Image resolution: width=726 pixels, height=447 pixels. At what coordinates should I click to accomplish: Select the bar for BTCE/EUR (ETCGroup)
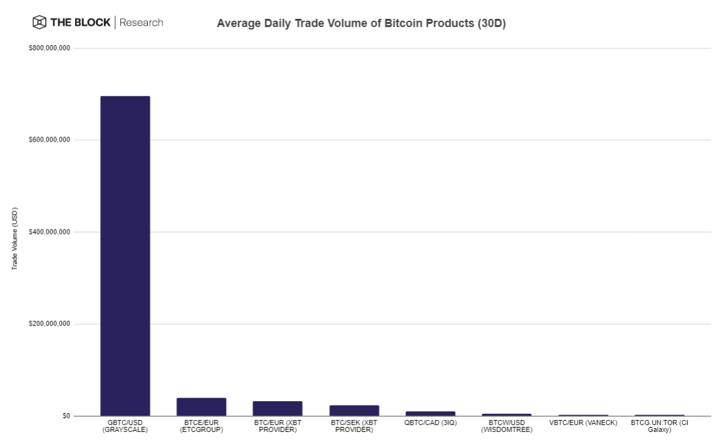[x=202, y=407]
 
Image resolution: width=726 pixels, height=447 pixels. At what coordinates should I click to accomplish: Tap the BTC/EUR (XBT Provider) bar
[x=277, y=409]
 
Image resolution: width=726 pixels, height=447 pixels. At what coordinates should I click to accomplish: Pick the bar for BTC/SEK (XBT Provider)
[x=354, y=411]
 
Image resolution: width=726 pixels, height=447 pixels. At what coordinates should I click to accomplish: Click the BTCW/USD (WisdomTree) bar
[x=507, y=414]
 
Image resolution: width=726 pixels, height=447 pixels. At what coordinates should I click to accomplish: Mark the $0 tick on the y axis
[x=66, y=416]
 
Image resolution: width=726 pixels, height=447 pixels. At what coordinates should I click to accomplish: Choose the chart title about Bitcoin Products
[x=361, y=24]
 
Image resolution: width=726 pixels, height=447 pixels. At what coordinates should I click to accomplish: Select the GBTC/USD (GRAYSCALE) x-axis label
[x=125, y=426]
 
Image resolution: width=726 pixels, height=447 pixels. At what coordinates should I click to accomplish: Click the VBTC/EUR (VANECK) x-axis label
[x=583, y=423]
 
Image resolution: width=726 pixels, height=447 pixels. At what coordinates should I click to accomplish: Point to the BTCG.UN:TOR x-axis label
[x=659, y=426]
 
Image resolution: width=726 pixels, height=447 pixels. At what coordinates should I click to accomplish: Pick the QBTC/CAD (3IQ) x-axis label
[x=430, y=423]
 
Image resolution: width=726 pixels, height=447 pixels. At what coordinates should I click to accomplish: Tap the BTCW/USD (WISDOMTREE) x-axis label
[x=507, y=426]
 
